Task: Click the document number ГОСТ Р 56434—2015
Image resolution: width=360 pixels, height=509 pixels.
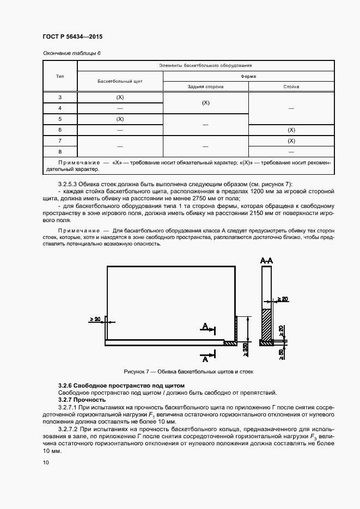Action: click(72, 36)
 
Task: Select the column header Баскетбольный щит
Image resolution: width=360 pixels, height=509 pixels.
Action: click(120, 81)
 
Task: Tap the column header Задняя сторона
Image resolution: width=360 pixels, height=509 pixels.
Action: click(206, 87)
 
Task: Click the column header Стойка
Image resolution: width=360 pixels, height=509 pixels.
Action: click(291, 87)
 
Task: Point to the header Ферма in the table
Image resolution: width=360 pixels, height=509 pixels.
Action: click(249, 76)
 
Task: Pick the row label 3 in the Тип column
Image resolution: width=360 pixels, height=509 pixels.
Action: click(60, 97)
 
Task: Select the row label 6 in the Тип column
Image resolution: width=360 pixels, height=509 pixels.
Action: click(60, 130)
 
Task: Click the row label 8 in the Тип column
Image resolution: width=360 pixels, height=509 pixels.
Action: click(60, 151)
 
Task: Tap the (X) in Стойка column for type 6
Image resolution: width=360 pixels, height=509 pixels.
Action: click(291, 130)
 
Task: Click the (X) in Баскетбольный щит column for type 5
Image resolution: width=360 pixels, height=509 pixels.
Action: click(120, 119)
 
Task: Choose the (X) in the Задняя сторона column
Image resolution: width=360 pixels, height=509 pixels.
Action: click(206, 103)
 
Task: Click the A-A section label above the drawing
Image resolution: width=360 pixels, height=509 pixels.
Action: click(266, 262)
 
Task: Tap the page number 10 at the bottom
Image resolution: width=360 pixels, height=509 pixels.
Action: click(45, 462)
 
